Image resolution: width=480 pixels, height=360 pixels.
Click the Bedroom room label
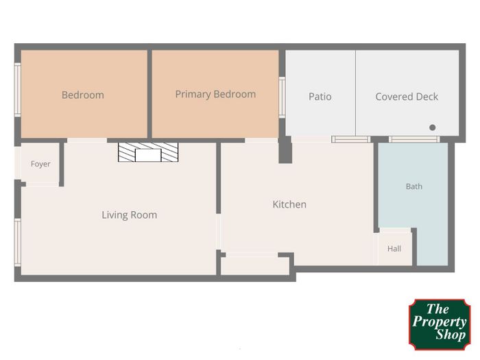pyautogui.click(x=83, y=95)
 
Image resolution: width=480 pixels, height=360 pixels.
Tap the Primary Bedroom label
pyautogui.click(x=215, y=95)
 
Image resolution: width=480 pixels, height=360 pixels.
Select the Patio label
pyautogui.click(x=320, y=97)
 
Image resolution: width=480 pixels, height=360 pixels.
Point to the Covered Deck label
pyautogui.click(x=407, y=97)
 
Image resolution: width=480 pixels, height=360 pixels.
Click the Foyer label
pyautogui.click(x=40, y=164)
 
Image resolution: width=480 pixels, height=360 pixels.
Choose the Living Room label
pyautogui.click(x=129, y=215)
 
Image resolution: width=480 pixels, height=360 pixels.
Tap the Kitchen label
pyautogui.click(x=289, y=204)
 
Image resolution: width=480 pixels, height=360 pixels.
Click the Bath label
pyautogui.click(x=414, y=187)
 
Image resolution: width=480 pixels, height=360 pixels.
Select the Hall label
pyautogui.click(x=394, y=248)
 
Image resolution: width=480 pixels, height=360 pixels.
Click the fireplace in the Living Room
pyautogui.click(x=148, y=152)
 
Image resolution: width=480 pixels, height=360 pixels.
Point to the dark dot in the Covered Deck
pyautogui.click(x=432, y=128)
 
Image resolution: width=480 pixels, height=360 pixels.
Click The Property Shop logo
pyautogui.click(x=440, y=324)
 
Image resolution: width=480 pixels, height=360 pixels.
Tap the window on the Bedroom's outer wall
pyautogui.click(x=18, y=90)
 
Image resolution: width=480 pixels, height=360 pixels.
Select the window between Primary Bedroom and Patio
pyautogui.click(x=282, y=97)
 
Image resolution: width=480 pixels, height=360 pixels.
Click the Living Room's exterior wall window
pyautogui.click(x=18, y=242)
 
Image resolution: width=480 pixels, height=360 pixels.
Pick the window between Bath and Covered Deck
pyautogui.click(x=414, y=140)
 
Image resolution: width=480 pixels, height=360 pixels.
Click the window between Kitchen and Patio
pyautogui.click(x=351, y=140)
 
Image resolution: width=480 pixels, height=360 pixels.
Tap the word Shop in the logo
pyautogui.click(x=451, y=335)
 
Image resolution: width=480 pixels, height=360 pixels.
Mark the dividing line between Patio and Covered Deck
pyautogui.click(x=355, y=93)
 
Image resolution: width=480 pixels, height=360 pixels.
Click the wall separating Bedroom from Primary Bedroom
pyautogui.click(x=149, y=94)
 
